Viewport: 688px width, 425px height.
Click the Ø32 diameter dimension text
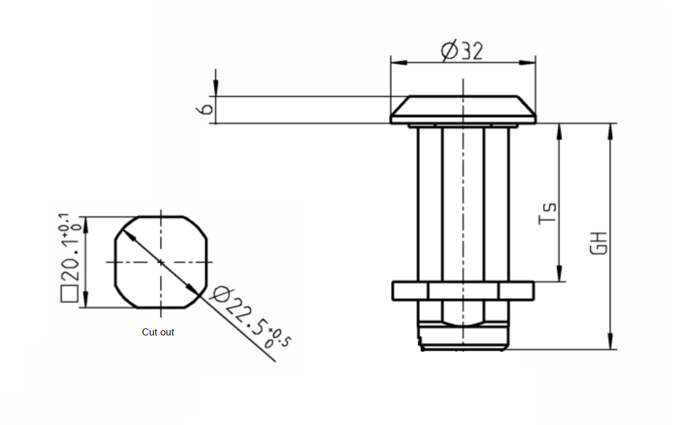click(x=462, y=50)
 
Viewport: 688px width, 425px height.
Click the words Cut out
click(x=158, y=332)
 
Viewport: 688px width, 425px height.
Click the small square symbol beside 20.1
click(x=69, y=295)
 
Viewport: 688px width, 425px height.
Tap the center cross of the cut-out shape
click(x=160, y=261)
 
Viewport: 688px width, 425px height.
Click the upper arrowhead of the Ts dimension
click(x=558, y=130)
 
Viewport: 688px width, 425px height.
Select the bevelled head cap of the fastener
click(x=463, y=109)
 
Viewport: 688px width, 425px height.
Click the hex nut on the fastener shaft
click(x=463, y=291)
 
